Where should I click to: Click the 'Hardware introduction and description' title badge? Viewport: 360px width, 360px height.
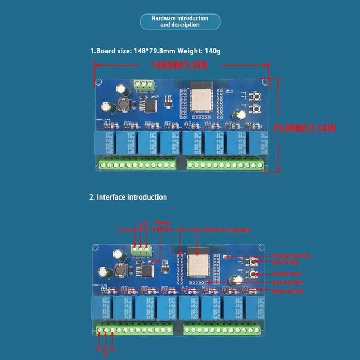(x=179, y=21)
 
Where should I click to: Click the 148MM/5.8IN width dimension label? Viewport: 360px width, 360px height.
(x=179, y=66)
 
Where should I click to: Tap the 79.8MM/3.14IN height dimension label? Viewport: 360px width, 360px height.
(x=304, y=128)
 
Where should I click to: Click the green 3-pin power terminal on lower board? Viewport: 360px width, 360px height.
(x=141, y=249)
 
